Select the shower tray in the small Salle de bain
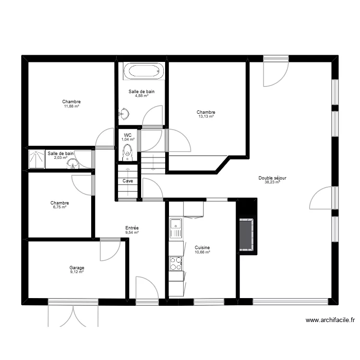tap(36, 159)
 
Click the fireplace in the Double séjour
tap(247, 234)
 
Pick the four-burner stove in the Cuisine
tap(176, 264)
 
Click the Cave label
tap(128, 181)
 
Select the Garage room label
tap(77, 268)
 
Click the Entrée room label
tap(132, 228)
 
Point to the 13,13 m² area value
tap(205, 117)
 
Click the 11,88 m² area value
tap(71, 106)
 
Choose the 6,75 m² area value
tap(60, 207)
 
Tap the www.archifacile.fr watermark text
tap(329, 320)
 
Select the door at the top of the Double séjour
tap(276, 72)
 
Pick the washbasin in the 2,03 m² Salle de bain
tap(73, 164)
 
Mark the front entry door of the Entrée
tap(147, 290)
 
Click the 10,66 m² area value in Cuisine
tap(202, 252)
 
